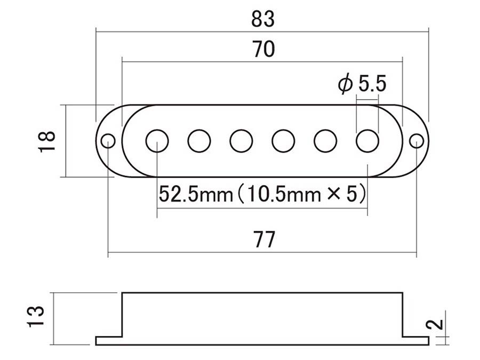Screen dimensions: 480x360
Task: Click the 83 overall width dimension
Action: tap(263, 19)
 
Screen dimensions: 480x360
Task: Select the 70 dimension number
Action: tap(263, 49)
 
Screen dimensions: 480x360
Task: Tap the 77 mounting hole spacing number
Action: tap(265, 239)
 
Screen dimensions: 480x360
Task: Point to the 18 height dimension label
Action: tap(47, 141)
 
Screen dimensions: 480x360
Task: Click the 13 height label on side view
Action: tap(36, 316)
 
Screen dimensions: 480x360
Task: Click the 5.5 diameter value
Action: tap(372, 84)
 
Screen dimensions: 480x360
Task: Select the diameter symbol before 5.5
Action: tap(345, 84)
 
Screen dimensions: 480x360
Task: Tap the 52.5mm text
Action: tap(196, 194)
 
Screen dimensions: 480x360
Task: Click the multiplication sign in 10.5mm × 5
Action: tap(334, 194)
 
